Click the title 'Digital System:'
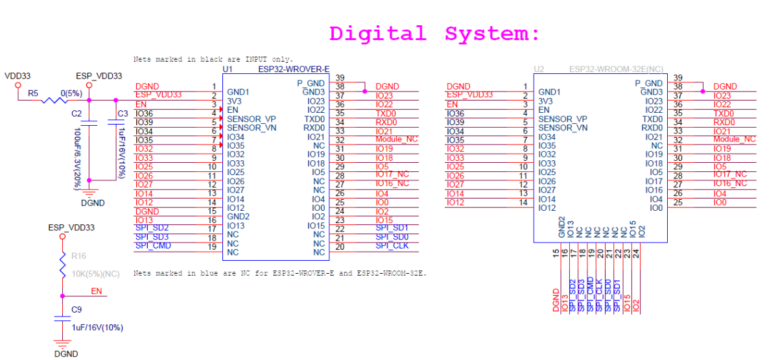[x=434, y=33]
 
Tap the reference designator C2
[x=77, y=114]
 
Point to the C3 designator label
[x=121, y=114]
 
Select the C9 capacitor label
[x=77, y=309]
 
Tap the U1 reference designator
[x=227, y=68]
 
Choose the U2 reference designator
[x=538, y=68]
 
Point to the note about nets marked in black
[x=213, y=59]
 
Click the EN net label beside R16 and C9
[x=96, y=291]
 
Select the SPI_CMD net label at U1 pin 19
[x=153, y=246]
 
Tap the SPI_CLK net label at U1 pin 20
[x=392, y=246]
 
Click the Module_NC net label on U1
[x=397, y=139]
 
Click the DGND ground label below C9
[x=65, y=354]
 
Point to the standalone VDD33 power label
[x=18, y=76]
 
